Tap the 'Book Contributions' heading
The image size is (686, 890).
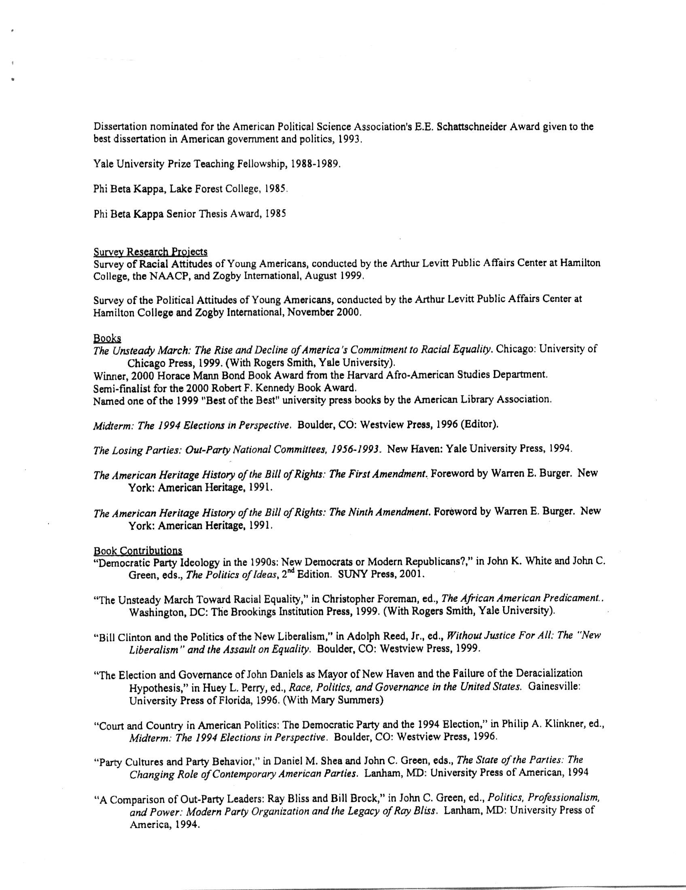coord(138,551)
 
